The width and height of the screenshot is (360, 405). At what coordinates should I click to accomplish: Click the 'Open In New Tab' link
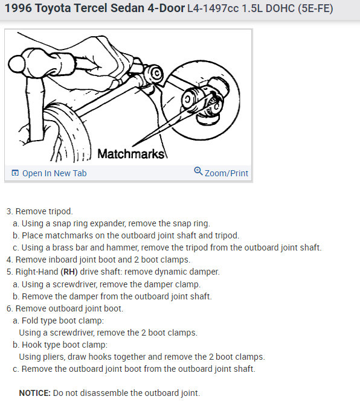click(54, 173)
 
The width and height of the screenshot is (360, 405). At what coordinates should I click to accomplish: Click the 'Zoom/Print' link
click(226, 173)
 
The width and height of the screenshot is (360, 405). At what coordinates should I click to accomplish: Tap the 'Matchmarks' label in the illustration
click(130, 154)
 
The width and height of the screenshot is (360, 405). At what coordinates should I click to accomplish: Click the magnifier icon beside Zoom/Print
click(198, 172)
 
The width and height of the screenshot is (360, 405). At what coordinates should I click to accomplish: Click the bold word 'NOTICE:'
click(35, 393)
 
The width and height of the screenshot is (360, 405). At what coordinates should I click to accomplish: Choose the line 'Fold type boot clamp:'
click(63, 320)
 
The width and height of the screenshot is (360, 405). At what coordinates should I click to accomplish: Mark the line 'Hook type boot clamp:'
click(65, 345)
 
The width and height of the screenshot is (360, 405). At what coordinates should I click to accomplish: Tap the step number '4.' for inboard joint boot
click(10, 260)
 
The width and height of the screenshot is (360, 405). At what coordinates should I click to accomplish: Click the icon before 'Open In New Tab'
click(15, 173)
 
